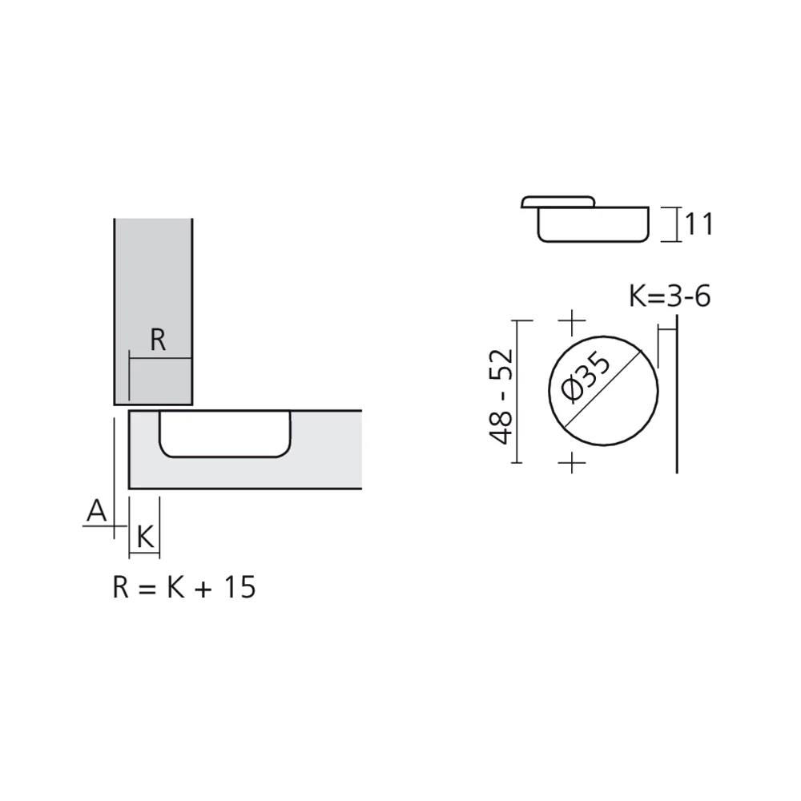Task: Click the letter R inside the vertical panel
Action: (x=158, y=341)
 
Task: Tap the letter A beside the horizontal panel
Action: (x=96, y=510)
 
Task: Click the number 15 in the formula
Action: (x=239, y=587)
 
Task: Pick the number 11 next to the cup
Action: (x=698, y=224)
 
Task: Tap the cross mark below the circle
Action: (x=572, y=462)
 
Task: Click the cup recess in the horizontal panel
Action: (x=224, y=434)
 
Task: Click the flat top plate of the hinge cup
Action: (x=558, y=200)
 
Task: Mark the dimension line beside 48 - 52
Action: (x=519, y=391)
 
